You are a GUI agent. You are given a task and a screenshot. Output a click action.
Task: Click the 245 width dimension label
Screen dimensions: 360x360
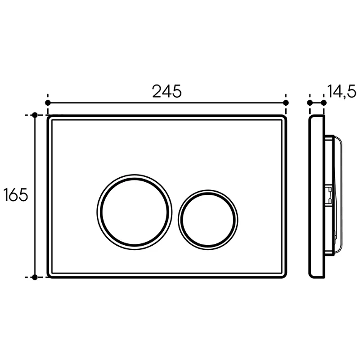coord(166,91)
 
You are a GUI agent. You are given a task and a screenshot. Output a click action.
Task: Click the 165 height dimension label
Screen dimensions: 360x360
coord(16,195)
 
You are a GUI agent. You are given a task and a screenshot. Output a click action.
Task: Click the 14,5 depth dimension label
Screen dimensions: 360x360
coord(342,91)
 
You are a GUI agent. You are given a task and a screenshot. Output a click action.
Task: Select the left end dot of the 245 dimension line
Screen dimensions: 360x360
coord(48,103)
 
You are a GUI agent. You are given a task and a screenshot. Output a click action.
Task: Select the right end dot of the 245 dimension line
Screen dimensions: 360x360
coord(286,103)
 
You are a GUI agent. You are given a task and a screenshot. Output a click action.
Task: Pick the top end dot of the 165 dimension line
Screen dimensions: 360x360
coord(35,115)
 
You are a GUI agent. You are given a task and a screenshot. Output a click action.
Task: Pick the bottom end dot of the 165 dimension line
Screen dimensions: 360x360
coord(35,277)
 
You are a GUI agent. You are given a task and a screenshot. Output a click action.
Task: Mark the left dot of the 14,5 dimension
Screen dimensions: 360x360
coord(310,103)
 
